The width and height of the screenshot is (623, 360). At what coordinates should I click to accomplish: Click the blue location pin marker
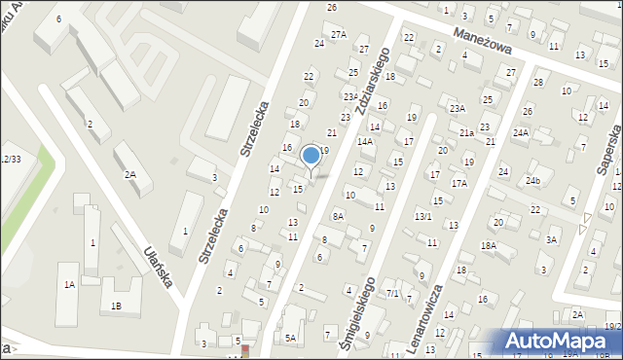pos(311,157)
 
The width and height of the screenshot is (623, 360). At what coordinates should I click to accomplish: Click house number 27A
pos(338,35)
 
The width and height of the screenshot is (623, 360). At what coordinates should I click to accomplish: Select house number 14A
pos(365,141)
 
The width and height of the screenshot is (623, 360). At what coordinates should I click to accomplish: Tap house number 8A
pos(338,216)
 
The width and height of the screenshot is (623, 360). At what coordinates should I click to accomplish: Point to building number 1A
pos(69,284)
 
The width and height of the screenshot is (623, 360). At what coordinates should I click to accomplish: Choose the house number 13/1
pos(422,216)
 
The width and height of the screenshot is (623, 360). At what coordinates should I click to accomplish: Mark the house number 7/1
pos(392,293)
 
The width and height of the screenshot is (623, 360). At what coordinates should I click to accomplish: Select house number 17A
pos(459,183)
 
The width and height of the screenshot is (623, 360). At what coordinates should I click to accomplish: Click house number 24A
pos(521,132)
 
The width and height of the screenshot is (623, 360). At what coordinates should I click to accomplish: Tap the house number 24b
pos(532,180)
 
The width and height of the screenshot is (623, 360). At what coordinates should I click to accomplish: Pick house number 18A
pos(488,246)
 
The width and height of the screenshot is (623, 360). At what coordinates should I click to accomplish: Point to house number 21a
pos(466,132)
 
